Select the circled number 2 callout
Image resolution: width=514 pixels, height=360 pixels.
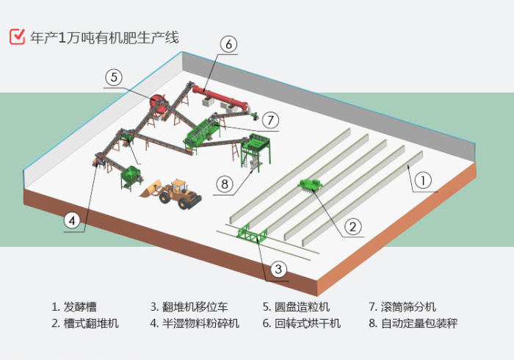tap(352, 226)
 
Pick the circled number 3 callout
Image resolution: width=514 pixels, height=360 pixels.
tap(278, 269)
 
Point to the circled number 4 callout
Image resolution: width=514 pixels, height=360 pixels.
tap(72, 220)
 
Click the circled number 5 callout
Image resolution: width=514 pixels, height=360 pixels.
tap(113, 76)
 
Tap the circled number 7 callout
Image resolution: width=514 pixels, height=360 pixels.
tap(270, 119)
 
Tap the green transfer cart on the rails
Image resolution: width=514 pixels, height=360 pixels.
tap(252, 235)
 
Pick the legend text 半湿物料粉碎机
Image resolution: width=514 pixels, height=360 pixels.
tap(200, 323)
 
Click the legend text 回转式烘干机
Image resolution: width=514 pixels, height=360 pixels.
tap(302, 323)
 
